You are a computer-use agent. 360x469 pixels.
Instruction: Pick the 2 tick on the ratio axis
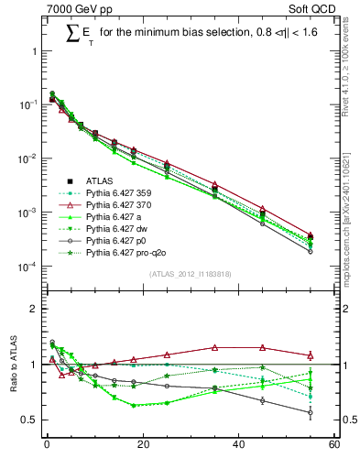tap(36, 309)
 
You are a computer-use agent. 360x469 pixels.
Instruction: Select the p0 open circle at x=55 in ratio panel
tap(311, 412)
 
